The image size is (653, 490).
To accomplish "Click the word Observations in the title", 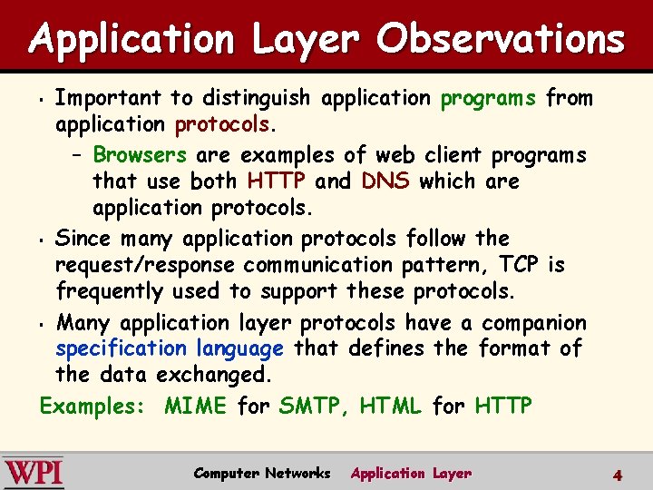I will [x=501, y=40].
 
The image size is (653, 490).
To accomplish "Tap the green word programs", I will [x=489, y=98].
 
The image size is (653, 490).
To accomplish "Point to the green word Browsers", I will [x=140, y=155].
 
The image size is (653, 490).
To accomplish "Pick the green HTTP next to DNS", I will [x=275, y=181].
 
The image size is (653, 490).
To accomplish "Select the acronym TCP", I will [x=520, y=265].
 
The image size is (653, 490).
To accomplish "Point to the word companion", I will [x=533, y=323].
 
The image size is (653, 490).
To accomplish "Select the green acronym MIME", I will [x=195, y=406].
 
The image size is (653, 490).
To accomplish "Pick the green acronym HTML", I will [x=391, y=406].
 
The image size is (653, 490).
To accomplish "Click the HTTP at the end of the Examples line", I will [x=503, y=406].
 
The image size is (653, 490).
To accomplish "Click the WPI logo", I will [x=34, y=473].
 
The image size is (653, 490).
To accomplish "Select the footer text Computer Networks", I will [x=262, y=473].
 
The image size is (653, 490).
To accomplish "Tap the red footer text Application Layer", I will [x=411, y=473].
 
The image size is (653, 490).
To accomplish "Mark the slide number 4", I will [x=617, y=475].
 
